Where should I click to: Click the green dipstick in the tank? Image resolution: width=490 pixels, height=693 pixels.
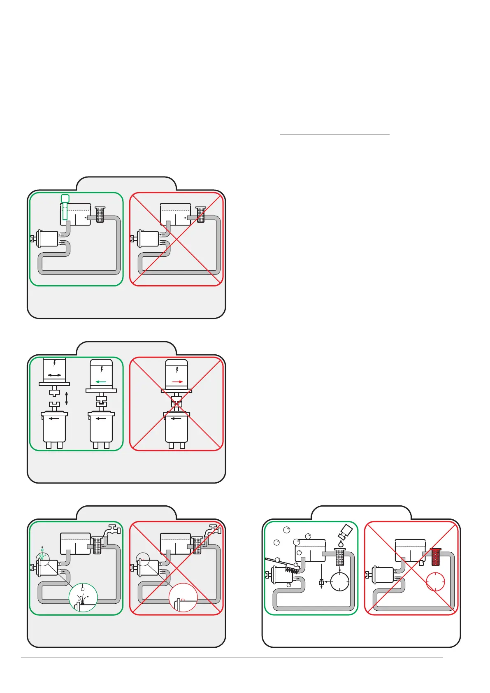pos(65,208)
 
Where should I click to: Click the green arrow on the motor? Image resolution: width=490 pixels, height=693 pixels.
pos(101,382)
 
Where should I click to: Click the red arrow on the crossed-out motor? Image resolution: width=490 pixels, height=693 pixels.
pos(177,382)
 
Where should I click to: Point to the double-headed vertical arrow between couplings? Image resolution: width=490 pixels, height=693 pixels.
pos(67,398)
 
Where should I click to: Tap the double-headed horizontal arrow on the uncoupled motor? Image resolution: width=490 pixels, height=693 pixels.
pos(54,375)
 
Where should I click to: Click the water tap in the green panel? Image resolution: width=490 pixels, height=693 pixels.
pos(111,530)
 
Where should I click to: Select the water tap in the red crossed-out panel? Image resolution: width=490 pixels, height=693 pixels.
pos(212,530)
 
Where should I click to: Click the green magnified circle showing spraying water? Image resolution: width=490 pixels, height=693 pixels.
pos(83,598)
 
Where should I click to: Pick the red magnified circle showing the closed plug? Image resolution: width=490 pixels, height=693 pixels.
pos(183,598)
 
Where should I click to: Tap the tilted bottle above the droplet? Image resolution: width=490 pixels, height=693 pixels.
pos(345,532)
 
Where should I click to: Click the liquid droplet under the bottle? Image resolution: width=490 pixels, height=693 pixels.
pos(341,544)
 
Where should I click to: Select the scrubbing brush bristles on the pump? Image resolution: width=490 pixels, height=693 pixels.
pos(292,569)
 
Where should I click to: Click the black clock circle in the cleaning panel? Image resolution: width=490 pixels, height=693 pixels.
pos(340,582)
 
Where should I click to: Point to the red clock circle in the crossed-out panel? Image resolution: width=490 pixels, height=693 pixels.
pos(436,582)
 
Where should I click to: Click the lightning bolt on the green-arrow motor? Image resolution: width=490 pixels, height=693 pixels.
pos(102,370)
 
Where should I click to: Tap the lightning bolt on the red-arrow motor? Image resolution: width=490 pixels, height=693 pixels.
pos(177,370)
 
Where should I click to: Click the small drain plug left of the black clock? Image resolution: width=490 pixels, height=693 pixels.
pos(321,582)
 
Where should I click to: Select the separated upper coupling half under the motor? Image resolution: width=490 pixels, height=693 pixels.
pos(54,392)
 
